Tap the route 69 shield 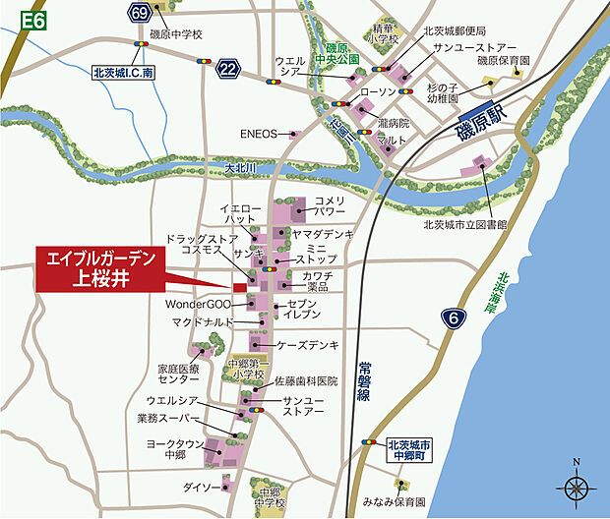140,14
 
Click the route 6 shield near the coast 453,317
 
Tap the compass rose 576,484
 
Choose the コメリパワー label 330,205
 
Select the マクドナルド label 202,321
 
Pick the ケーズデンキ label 308,345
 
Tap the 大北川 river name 240,168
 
